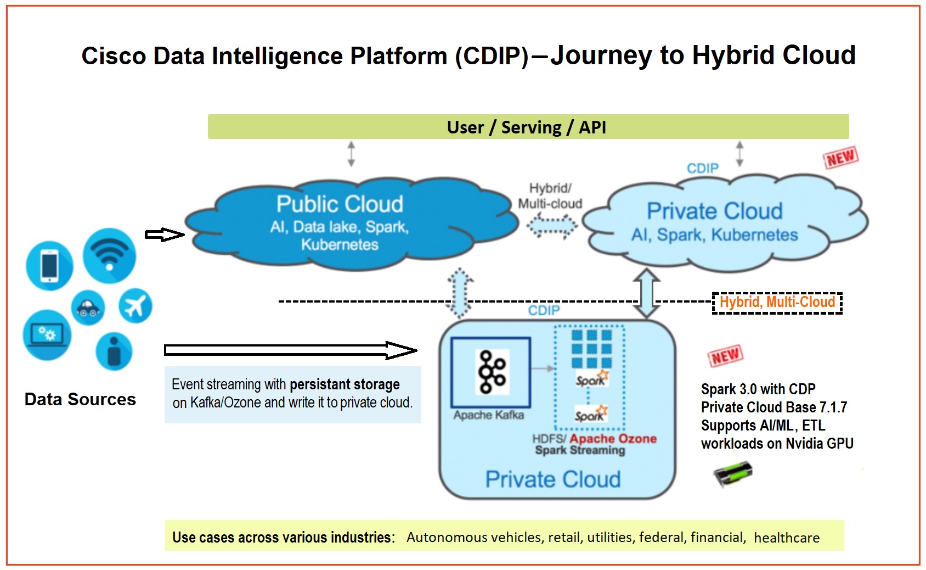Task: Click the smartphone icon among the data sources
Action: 49,265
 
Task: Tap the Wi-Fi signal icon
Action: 109,256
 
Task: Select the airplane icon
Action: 135,306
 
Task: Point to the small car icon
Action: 88,308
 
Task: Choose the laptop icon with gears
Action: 47,334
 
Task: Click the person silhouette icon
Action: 114,351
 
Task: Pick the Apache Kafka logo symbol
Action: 492,372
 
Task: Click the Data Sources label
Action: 80,399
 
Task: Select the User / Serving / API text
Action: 527,127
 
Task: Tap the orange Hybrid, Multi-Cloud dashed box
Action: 777,303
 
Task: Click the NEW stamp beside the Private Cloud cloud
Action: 840,158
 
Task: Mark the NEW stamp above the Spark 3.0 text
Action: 725,356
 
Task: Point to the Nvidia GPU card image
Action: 733,474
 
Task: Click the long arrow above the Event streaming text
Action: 291,350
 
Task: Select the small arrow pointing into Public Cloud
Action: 164,235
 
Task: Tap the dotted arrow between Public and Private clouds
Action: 552,226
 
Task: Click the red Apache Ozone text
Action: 613,439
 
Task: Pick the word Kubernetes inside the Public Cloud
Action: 340,245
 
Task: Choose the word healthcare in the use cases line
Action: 787,538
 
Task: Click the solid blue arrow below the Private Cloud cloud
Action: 647,293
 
